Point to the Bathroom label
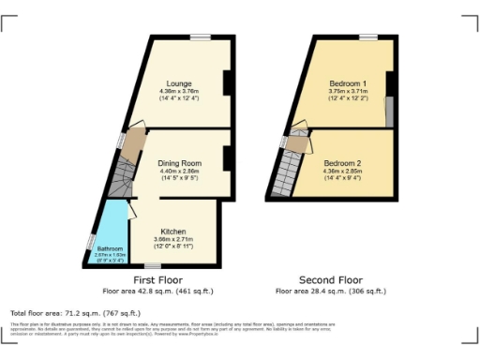(110, 248)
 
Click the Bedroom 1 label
(346, 84)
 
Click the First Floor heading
(157, 280)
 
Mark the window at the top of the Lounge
(201, 37)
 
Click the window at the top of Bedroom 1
(367, 37)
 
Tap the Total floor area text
(75, 312)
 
